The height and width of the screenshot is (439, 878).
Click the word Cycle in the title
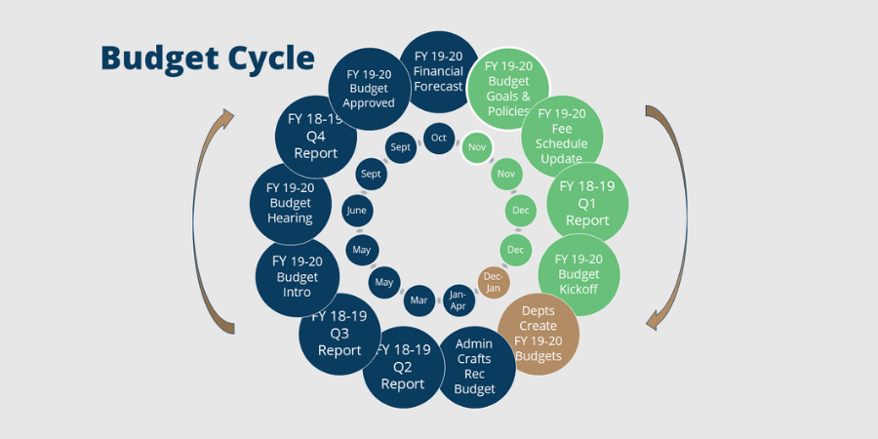point(266,58)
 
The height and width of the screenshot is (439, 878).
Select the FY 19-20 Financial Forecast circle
point(438,70)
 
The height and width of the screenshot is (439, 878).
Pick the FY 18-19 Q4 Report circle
point(315,136)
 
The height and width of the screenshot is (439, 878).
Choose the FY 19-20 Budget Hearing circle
point(290,202)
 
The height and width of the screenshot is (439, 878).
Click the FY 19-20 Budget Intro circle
point(297,276)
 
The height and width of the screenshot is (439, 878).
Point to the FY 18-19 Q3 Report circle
point(339,333)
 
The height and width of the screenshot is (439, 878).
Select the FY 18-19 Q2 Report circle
point(402,366)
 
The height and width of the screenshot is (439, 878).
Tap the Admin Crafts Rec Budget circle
point(475,366)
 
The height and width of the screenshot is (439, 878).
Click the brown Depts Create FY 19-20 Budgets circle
point(539,334)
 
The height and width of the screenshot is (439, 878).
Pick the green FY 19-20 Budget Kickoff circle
point(579,275)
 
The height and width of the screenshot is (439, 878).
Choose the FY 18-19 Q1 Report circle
point(587,203)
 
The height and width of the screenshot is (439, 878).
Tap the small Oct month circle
point(439,138)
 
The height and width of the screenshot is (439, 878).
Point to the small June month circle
point(356,210)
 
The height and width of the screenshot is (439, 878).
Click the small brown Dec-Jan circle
point(494,282)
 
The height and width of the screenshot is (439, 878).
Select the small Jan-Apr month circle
point(456,299)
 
